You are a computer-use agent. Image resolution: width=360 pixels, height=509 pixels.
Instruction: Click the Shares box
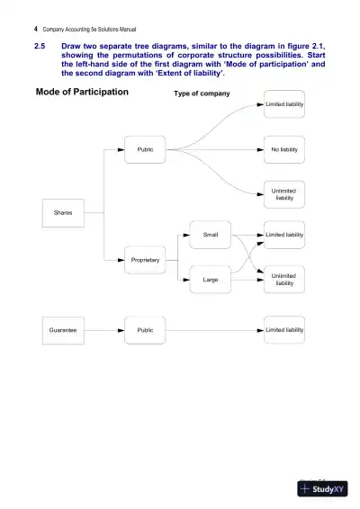63,213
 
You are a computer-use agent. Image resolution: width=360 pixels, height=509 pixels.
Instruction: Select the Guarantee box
63,330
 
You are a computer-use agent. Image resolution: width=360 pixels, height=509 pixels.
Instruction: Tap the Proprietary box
145,260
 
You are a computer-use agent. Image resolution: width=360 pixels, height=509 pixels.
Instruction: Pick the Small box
210,235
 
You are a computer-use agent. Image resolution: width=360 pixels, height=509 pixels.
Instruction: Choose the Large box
210,281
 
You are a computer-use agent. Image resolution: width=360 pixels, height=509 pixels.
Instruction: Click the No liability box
284,149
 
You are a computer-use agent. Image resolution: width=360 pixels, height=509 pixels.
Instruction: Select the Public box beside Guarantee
145,330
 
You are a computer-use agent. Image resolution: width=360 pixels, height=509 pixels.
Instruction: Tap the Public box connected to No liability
145,149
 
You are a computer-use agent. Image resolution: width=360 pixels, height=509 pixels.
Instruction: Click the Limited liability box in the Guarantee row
284,330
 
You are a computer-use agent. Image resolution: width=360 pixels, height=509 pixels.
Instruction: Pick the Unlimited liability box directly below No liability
284,194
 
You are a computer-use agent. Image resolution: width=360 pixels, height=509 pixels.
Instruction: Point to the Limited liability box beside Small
284,235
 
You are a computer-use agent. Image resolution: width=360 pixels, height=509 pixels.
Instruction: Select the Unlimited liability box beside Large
284,280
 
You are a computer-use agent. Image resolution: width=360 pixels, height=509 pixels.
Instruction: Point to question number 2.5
40,45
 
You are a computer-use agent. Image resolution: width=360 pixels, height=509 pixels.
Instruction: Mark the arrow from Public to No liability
216,149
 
